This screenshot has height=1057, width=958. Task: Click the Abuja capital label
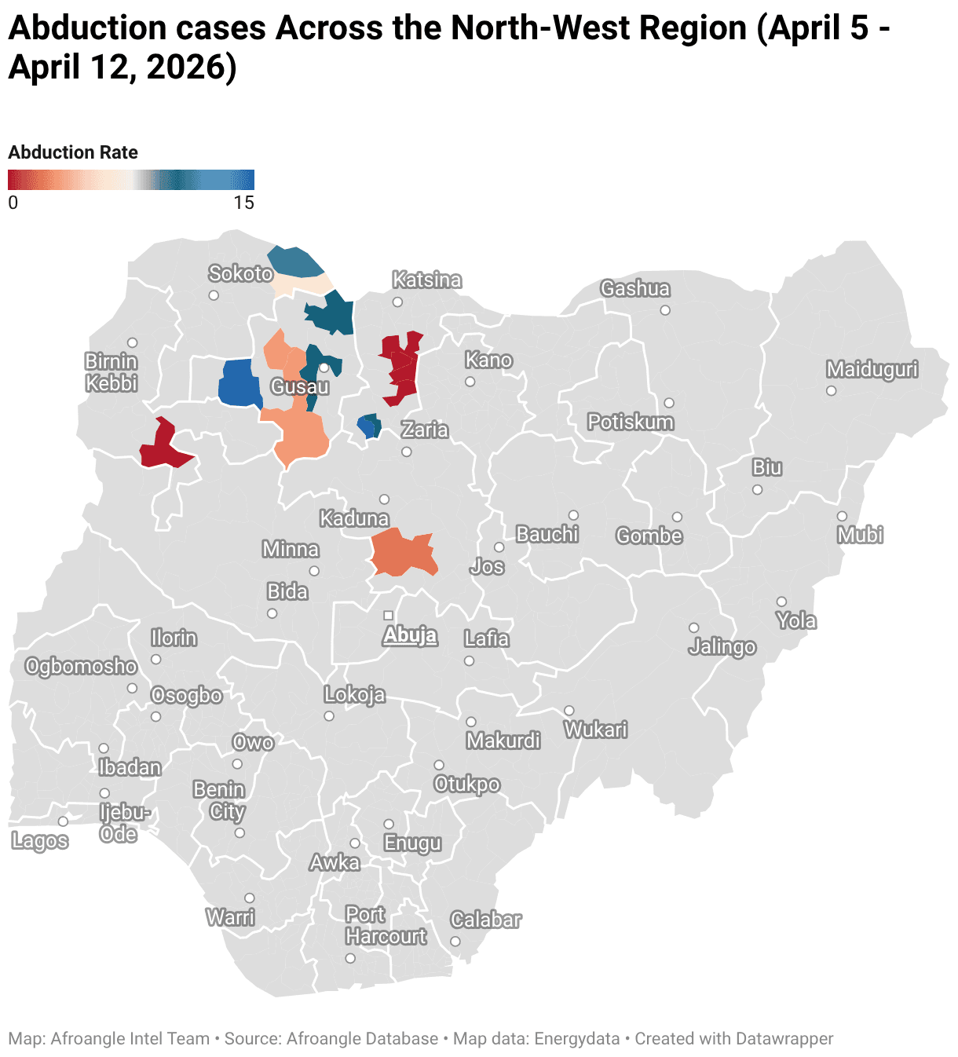pos(409,635)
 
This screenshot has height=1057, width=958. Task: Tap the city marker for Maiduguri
pos(831,390)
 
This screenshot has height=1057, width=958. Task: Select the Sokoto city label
pos(240,273)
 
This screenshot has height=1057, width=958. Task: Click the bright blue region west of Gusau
pos(239,383)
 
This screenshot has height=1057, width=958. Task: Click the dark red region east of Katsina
pos(402,366)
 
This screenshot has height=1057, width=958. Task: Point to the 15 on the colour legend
pos(243,203)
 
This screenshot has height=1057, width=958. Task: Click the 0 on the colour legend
pos(13,203)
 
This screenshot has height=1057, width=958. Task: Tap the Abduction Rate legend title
pos(73,152)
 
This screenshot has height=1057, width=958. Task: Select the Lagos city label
pos(40,841)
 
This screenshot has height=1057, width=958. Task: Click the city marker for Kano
pos(470,382)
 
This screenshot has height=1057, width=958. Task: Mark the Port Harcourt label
pos(385,926)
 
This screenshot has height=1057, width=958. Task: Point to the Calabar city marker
pos(455,942)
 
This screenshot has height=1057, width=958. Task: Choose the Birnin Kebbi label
pos(112,372)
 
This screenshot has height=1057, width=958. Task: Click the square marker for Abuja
pos(388,615)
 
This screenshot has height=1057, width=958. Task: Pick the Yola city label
pos(796,621)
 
